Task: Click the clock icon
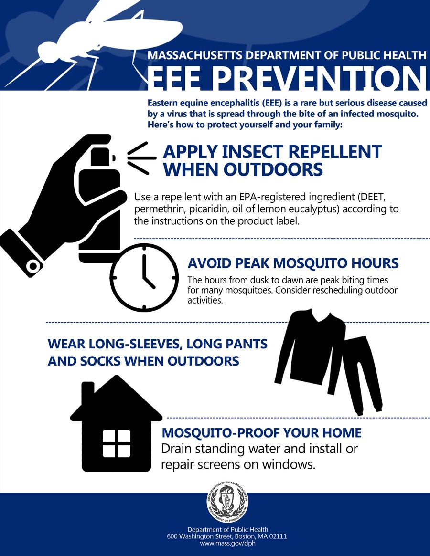tap(144, 278)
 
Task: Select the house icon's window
tap(117, 443)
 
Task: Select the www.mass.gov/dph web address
tap(227, 543)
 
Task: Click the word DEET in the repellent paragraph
tap(371, 197)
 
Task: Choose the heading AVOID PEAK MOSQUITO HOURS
tap(293, 263)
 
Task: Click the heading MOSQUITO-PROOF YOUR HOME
tap(261, 432)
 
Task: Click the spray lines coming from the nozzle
tap(141, 158)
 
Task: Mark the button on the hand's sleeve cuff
tap(33, 265)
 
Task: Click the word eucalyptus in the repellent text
tap(313, 209)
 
